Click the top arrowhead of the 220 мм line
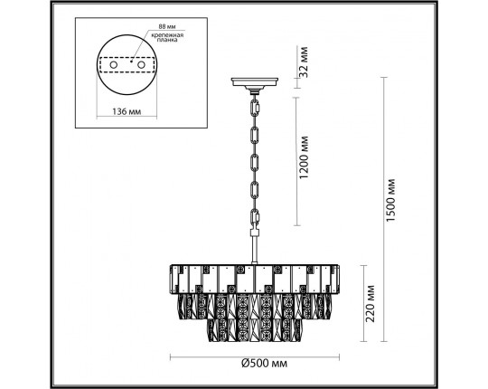pos(364,264)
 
